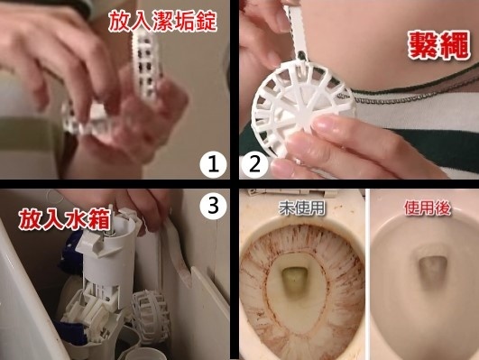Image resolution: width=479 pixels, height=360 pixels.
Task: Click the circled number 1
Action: point(213,165)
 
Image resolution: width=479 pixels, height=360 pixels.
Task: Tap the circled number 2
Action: point(254,165)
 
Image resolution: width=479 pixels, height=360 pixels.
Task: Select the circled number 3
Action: point(213,206)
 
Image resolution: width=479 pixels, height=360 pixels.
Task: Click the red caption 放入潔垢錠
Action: point(162,21)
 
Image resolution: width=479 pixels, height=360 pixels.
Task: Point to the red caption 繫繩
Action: point(438,45)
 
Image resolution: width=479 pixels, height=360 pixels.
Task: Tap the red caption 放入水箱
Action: point(64,219)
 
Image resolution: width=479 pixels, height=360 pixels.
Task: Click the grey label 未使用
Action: point(302,208)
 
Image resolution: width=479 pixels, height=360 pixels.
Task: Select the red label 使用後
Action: point(428,208)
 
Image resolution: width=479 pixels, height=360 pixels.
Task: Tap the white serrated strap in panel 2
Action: point(295,29)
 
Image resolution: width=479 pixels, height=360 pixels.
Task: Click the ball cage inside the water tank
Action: point(152,312)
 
